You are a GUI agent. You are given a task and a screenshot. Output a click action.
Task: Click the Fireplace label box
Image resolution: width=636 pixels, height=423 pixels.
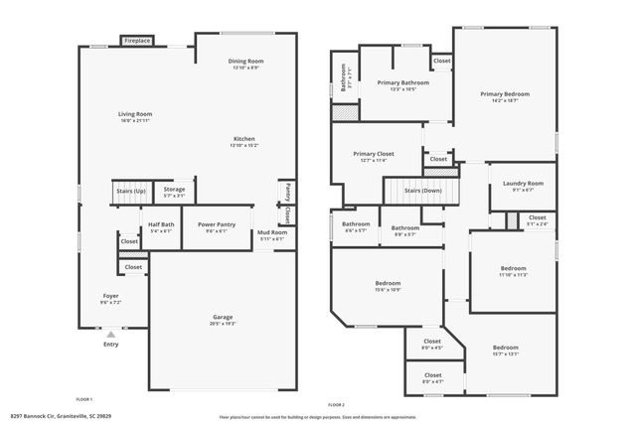(x=137, y=41)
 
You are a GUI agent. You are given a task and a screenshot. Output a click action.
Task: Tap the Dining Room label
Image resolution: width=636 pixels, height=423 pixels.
(x=245, y=63)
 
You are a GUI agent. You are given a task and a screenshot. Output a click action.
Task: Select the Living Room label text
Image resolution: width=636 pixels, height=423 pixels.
(x=136, y=116)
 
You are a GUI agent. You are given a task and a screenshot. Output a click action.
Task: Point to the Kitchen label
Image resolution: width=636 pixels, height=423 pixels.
(x=245, y=141)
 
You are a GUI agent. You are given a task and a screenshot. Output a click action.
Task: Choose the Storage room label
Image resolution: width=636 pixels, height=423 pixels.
(x=174, y=191)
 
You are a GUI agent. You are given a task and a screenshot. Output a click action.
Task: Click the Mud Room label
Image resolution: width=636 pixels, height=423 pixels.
(x=271, y=235)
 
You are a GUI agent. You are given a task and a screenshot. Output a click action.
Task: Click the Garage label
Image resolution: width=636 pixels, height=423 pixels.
(x=222, y=320)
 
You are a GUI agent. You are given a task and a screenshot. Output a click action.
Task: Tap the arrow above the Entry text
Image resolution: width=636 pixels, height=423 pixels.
(x=110, y=335)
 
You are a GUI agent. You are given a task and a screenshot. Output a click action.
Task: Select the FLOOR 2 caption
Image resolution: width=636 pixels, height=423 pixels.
(x=336, y=405)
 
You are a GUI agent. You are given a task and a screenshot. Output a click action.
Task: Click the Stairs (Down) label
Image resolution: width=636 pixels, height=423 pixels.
(x=424, y=190)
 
